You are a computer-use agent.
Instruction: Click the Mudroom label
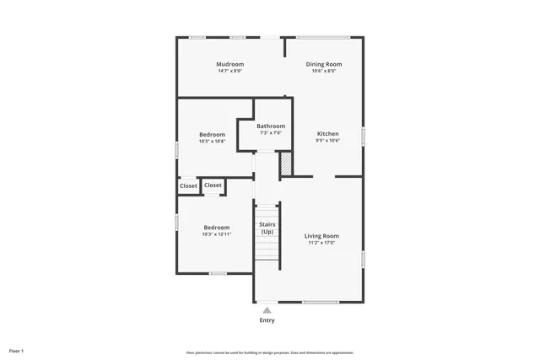coord(229,64)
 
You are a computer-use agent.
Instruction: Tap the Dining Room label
coord(324,64)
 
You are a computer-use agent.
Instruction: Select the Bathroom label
coord(271,126)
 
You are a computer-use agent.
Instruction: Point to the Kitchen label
coord(327,134)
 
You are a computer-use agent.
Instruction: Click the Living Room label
coord(321,236)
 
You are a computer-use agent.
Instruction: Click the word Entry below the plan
coord(267,320)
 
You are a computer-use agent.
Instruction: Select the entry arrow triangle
coord(267,309)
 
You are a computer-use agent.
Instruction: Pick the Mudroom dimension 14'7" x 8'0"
coord(229,71)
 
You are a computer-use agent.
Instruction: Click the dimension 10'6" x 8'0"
coord(324,71)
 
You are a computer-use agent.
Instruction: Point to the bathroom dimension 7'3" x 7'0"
coord(271,133)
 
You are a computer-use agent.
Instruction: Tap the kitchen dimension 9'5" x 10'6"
coord(327,141)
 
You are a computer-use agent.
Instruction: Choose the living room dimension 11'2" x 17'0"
coord(321,243)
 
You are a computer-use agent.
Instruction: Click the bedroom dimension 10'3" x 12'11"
coord(217,234)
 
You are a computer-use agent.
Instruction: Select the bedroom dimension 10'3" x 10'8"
coord(212,141)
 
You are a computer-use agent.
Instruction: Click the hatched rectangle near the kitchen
coord(286,164)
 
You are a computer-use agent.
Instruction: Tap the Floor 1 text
coord(17,350)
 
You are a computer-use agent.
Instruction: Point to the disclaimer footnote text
coord(270,352)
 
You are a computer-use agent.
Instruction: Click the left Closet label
coord(188,186)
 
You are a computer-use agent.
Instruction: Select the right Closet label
coord(213,185)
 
